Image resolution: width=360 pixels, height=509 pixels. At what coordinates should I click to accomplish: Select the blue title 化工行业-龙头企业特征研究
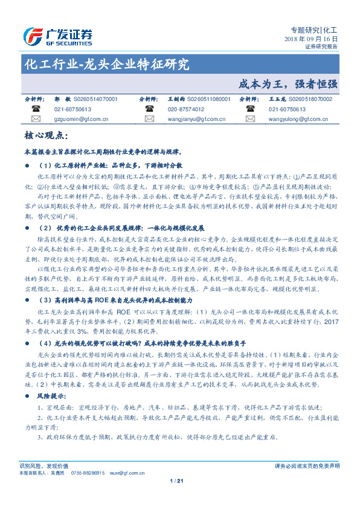pyautogui.click(x=106, y=63)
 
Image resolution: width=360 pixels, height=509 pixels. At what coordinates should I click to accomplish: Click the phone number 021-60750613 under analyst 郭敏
pyautogui.click(x=72, y=109)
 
